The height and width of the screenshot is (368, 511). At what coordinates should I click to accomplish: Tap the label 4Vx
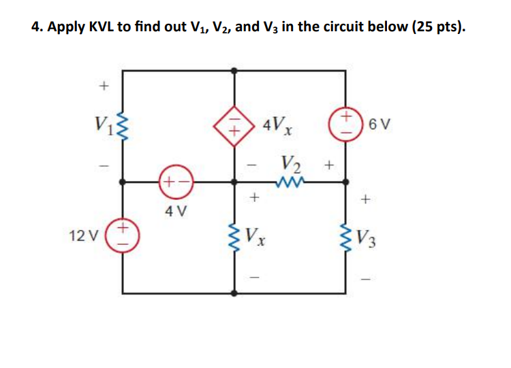(x=279, y=126)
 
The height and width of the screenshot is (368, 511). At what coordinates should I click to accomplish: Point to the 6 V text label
(x=380, y=125)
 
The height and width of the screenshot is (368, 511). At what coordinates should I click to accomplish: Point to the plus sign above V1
(x=103, y=86)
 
